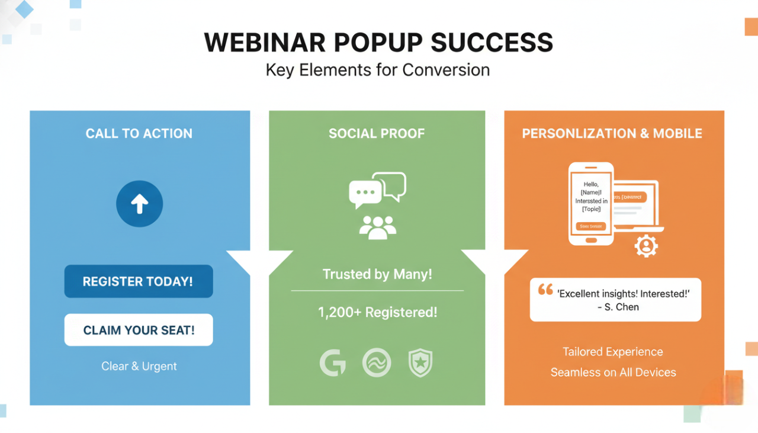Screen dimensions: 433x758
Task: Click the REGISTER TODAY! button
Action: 138,281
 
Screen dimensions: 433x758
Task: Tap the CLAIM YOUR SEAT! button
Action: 139,330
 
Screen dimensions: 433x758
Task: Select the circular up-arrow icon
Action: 139,204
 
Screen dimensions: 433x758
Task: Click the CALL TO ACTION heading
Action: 139,133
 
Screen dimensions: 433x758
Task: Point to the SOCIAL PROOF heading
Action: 377,133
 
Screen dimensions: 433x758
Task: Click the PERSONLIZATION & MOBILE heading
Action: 612,133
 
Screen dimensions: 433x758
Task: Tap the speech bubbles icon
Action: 377,190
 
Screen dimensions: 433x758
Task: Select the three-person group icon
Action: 377,227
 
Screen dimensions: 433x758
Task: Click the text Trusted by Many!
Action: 377,274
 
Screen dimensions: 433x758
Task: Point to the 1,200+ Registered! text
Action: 377,312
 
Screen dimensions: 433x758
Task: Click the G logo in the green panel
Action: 333,363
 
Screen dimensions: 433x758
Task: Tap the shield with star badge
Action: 420,363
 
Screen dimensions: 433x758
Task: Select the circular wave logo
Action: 377,363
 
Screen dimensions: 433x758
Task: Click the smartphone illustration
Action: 591,204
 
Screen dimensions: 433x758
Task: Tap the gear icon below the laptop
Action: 645,246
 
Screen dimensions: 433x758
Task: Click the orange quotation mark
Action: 545,290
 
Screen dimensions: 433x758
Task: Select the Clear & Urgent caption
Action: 139,366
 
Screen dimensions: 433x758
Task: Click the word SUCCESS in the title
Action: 492,43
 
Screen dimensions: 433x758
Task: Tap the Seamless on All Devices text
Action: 613,373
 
